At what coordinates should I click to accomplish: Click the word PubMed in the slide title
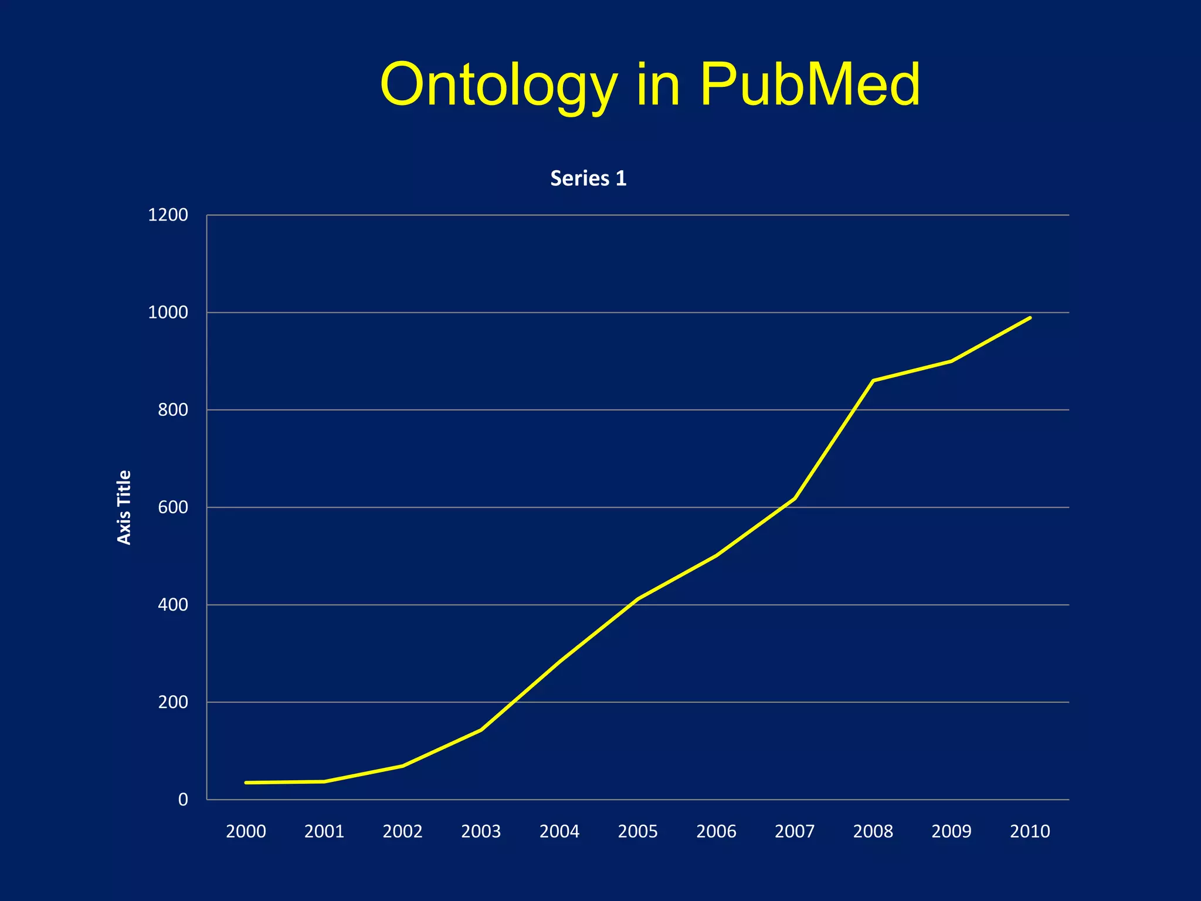click(810, 86)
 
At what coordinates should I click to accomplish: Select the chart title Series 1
click(588, 178)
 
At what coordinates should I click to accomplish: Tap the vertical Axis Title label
click(124, 507)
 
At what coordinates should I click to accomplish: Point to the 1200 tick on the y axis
click(168, 215)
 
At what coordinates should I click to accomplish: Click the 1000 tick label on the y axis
click(168, 313)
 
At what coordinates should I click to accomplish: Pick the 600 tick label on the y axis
click(173, 507)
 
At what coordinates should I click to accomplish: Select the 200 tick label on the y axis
click(173, 702)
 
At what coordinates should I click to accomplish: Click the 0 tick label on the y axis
click(183, 800)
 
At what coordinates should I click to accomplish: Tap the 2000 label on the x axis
click(246, 831)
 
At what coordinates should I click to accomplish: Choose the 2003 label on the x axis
click(481, 831)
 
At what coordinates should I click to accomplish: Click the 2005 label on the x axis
click(637, 831)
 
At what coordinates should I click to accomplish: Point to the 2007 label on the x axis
click(795, 831)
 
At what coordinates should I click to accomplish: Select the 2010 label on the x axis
click(1030, 831)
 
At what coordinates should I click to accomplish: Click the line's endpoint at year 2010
click(1030, 318)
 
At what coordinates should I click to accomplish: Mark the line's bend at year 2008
click(873, 381)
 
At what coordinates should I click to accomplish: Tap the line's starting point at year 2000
click(246, 783)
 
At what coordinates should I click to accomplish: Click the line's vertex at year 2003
click(481, 730)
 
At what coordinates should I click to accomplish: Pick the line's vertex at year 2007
click(795, 499)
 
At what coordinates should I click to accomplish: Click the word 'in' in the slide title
click(658, 86)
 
